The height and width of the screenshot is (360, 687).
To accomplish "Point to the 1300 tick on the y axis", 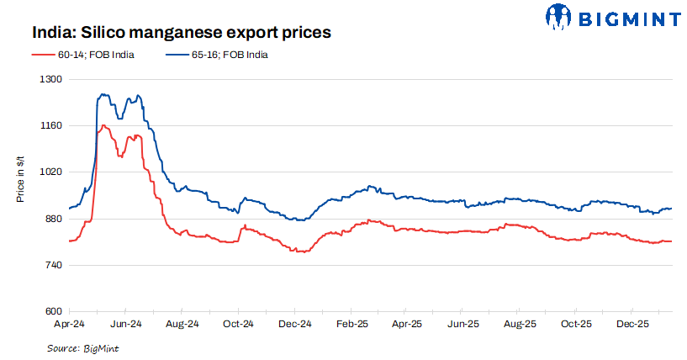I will [52, 79].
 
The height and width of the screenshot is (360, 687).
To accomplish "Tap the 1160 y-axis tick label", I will [52, 125].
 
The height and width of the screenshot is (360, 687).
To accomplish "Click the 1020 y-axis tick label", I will [52, 172].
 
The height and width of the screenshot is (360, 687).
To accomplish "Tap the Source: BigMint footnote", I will [82, 347].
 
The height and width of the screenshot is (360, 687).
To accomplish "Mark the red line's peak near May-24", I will [103, 125].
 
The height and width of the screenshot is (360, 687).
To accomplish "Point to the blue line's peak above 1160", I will [103, 94].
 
